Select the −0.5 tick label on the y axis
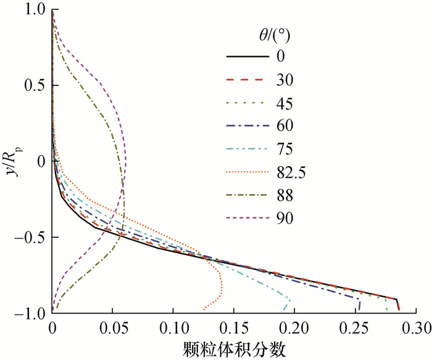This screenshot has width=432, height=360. point(31,238)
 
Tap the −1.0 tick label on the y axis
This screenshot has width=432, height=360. point(31,314)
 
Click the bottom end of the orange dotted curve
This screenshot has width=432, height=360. point(203,309)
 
